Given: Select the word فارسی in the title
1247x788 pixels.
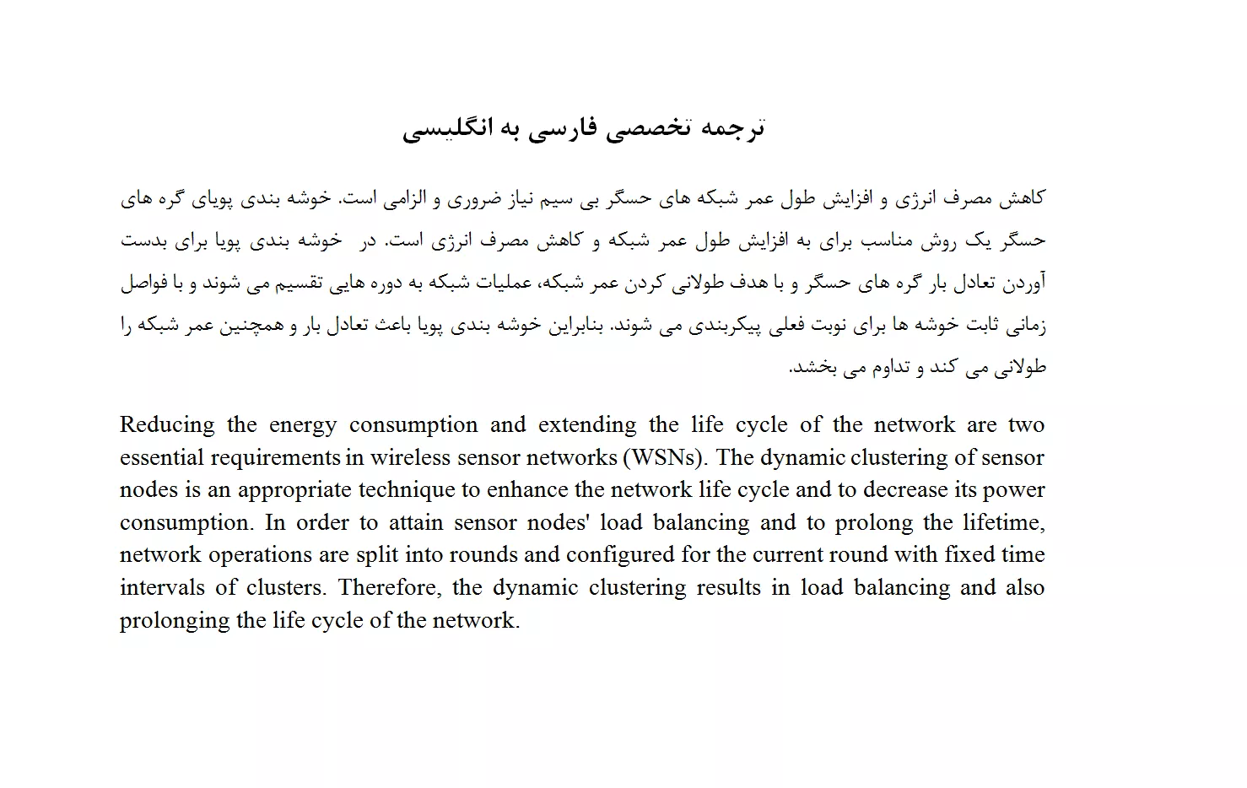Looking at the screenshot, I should (564, 128).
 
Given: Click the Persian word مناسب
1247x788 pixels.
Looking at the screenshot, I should (885, 241).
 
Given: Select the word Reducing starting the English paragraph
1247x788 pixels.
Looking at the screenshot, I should (167, 425).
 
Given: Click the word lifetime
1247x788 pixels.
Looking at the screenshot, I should (1006, 523).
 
